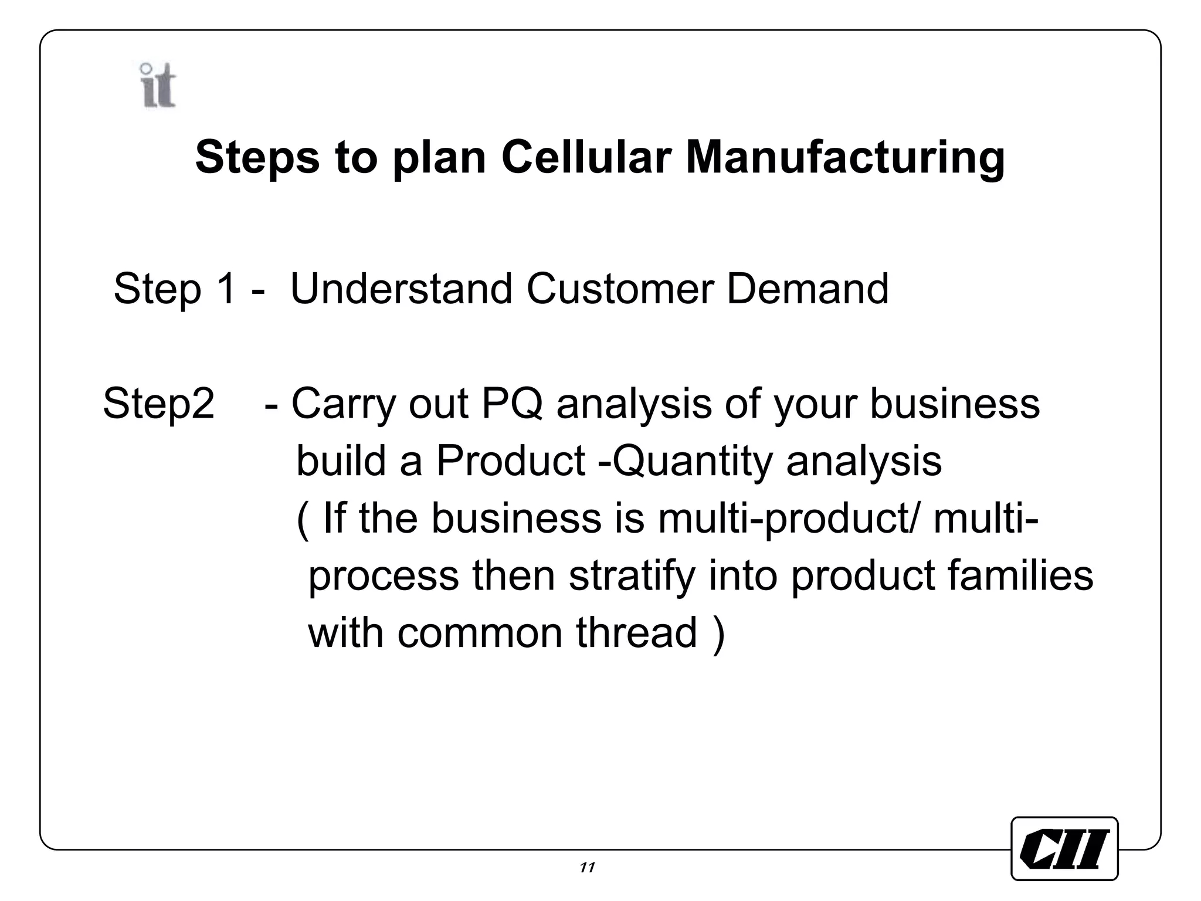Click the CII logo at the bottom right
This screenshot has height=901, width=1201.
[1064, 848]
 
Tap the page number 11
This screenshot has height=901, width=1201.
[587, 868]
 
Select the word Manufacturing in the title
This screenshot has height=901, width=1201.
[845, 158]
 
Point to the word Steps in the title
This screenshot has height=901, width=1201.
[257, 158]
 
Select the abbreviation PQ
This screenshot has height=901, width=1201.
[511, 404]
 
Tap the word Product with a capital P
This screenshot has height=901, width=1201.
[510, 460]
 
